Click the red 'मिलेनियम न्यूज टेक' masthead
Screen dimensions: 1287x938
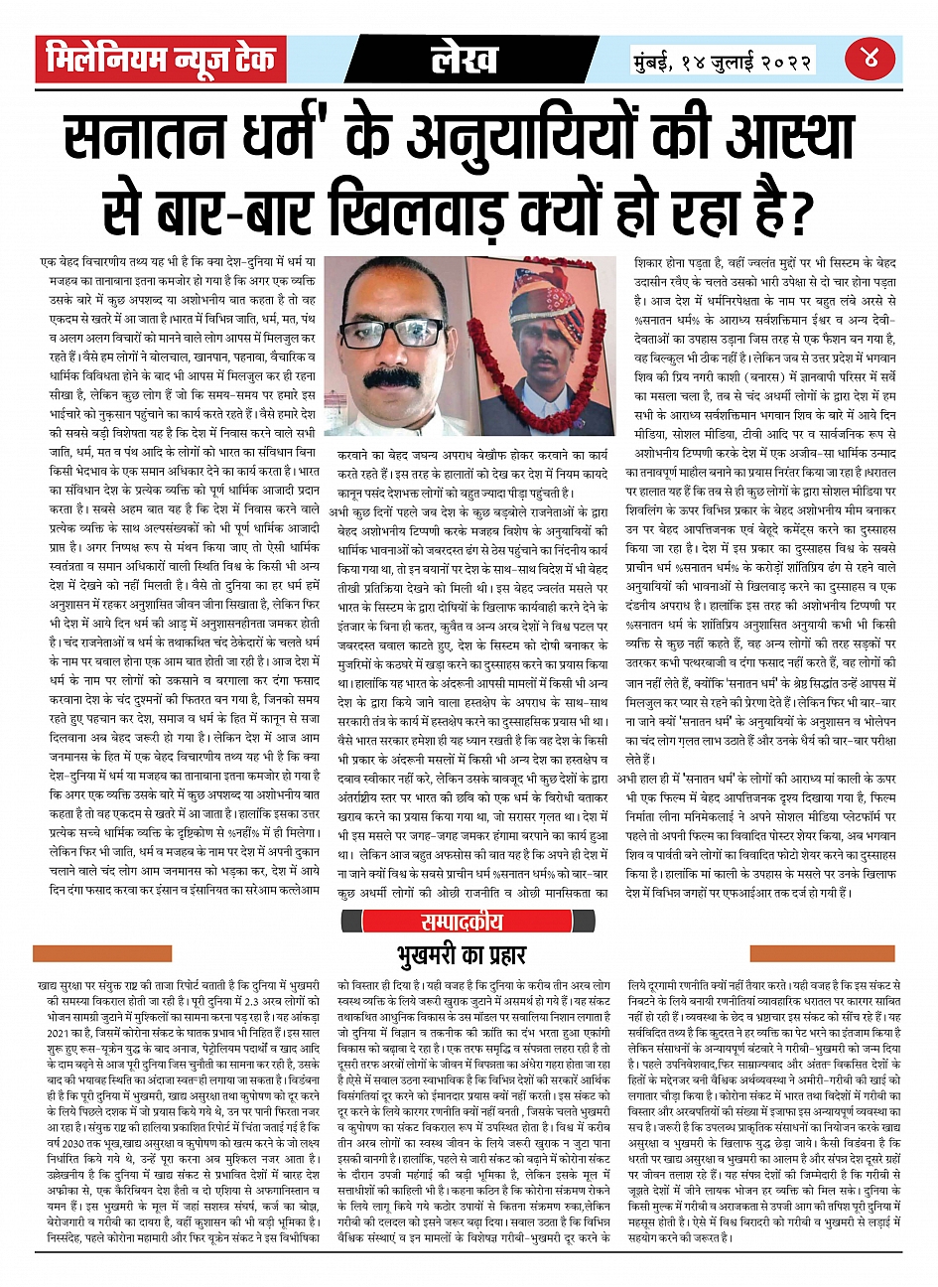[x=162, y=60]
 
